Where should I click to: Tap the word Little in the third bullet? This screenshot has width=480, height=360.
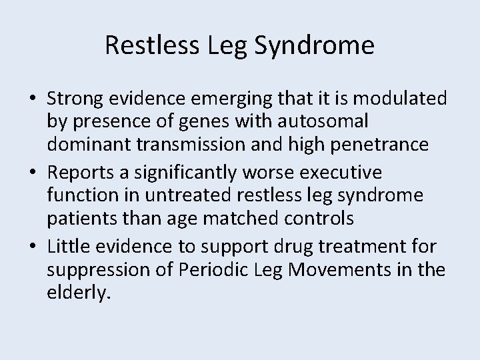click(67, 247)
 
